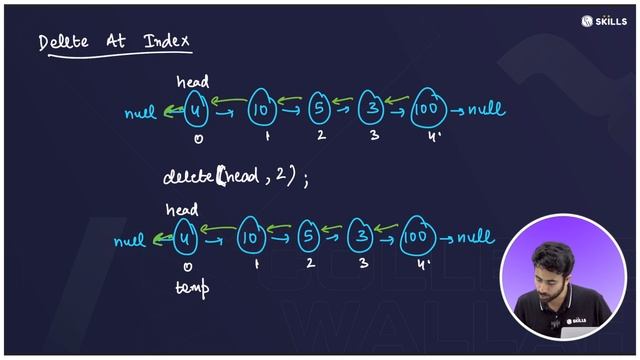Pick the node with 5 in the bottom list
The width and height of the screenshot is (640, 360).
pyautogui.click(x=308, y=237)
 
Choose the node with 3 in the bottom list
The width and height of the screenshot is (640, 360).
pyautogui.click(x=360, y=237)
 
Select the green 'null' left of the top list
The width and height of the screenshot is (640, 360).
pyautogui.click(x=141, y=113)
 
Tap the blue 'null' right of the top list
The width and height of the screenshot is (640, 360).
pyautogui.click(x=485, y=109)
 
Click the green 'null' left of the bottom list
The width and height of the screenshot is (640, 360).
pyautogui.click(x=130, y=241)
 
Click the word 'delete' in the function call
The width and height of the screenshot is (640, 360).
pyautogui.click(x=189, y=177)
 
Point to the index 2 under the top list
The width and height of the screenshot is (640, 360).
pyautogui.click(x=319, y=133)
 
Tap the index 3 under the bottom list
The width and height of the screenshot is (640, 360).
pyautogui.click(x=363, y=263)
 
